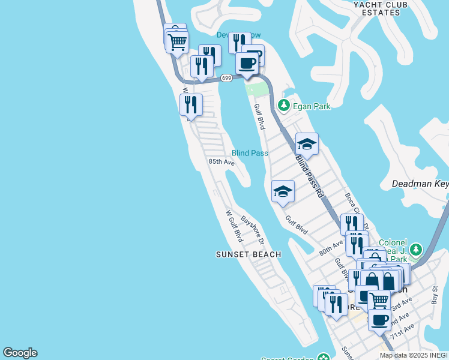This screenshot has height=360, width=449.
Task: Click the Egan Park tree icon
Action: click(284, 107)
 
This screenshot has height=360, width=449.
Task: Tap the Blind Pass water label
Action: click(250, 153)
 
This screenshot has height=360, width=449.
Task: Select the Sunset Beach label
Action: click(249, 254)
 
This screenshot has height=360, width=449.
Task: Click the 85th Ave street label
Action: click(221, 162)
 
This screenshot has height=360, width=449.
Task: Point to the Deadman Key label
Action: click(420, 184)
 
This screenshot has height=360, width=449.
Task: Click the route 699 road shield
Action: click(226, 78)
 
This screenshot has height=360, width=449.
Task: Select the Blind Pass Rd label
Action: click(310, 178)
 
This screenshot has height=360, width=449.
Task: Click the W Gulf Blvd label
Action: click(234, 226)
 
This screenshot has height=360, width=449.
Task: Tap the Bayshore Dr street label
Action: click(253, 230)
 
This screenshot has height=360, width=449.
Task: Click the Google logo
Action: click(20, 353)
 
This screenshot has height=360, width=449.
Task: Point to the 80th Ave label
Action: click(331, 248)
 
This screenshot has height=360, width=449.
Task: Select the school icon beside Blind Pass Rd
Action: click(306, 144)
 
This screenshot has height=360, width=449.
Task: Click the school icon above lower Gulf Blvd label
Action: click(283, 191)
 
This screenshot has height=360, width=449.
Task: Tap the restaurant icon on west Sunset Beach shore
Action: click(191, 104)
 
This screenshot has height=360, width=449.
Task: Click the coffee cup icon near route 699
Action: click(247, 63)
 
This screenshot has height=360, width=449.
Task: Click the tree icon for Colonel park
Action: click(416, 248)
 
